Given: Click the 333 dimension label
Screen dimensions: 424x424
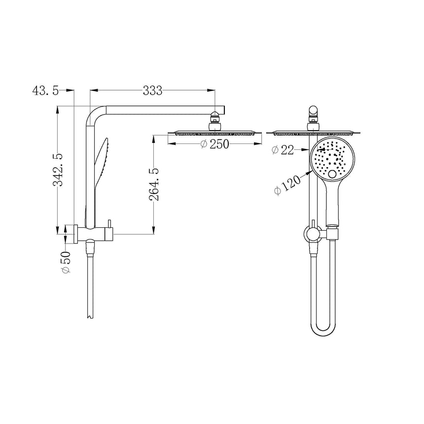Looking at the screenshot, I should click(x=152, y=91).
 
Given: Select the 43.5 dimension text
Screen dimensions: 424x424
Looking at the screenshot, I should click(x=45, y=91).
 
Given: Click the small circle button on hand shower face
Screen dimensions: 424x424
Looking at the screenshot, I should click(x=334, y=174).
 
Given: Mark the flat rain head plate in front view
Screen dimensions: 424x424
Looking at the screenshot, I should click(x=313, y=132).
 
